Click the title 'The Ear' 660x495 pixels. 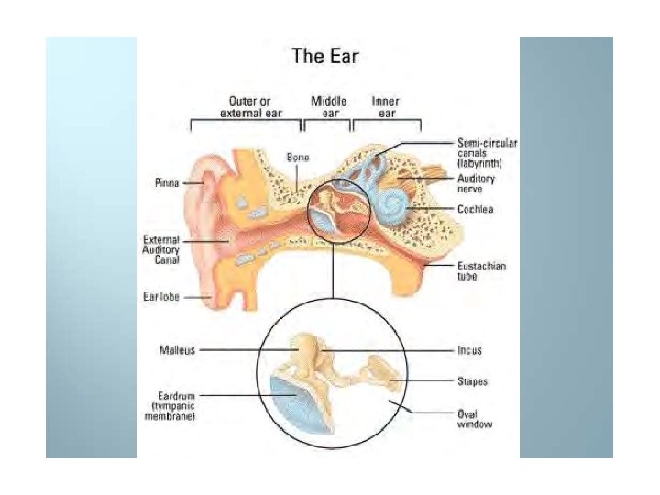pyautogui.click(x=325, y=56)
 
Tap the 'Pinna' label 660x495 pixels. pyautogui.click(x=166, y=182)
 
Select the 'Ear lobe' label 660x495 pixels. pyautogui.click(x=159, y=297)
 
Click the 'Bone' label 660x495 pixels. pyautogui.click(x=299, y=158)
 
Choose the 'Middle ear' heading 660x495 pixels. pyautogui.click(x=329, y=106)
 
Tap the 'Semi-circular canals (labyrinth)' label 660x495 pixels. pyautogui.click(x=488, y=153)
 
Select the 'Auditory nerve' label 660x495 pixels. pyautogui.click(x=477, y=183)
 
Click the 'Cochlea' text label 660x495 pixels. pyautogui.click(x=477, y=210)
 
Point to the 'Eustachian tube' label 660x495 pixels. pyautogui.click(x=482, y=270)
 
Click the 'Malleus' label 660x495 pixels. pyautogui.click(x=175, y=349)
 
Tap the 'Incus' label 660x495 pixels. pyautogui.click(x=469, y=349)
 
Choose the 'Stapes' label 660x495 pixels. pyautogui.click(x=473, y=380)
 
